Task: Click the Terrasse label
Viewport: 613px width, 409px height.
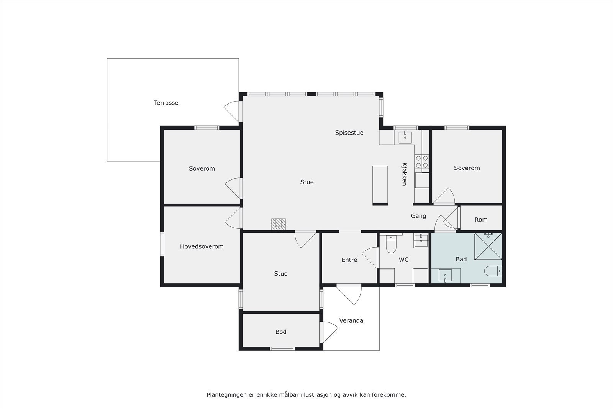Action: tap(166, 103)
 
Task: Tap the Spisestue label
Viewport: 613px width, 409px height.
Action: tap(349, 133)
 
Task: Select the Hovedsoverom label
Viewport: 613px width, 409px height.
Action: tap(202, 246)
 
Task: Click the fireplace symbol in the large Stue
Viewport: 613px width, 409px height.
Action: tap(279, 224)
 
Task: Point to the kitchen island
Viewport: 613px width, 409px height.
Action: tap(380, 185)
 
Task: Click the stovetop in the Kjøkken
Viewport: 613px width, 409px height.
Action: tap(422, 162)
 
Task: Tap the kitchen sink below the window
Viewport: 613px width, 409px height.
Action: tap(405, 136)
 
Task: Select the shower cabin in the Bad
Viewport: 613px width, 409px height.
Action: tap(488, 246)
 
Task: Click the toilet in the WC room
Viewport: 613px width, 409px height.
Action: tap(391, 244)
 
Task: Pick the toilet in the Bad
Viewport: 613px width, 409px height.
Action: tap(493, 271)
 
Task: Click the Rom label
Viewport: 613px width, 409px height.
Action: tap(481, 220)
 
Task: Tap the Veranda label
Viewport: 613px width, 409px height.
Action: tap(351, 320)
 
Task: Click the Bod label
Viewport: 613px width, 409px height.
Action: tap(280, 332)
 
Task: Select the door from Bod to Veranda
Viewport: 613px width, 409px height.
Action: tap(329, 332)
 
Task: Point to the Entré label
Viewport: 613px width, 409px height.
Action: tap(349, 260)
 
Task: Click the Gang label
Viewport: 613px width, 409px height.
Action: tap(418, 216)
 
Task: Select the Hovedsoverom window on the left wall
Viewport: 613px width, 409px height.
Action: tap(162, 244)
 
